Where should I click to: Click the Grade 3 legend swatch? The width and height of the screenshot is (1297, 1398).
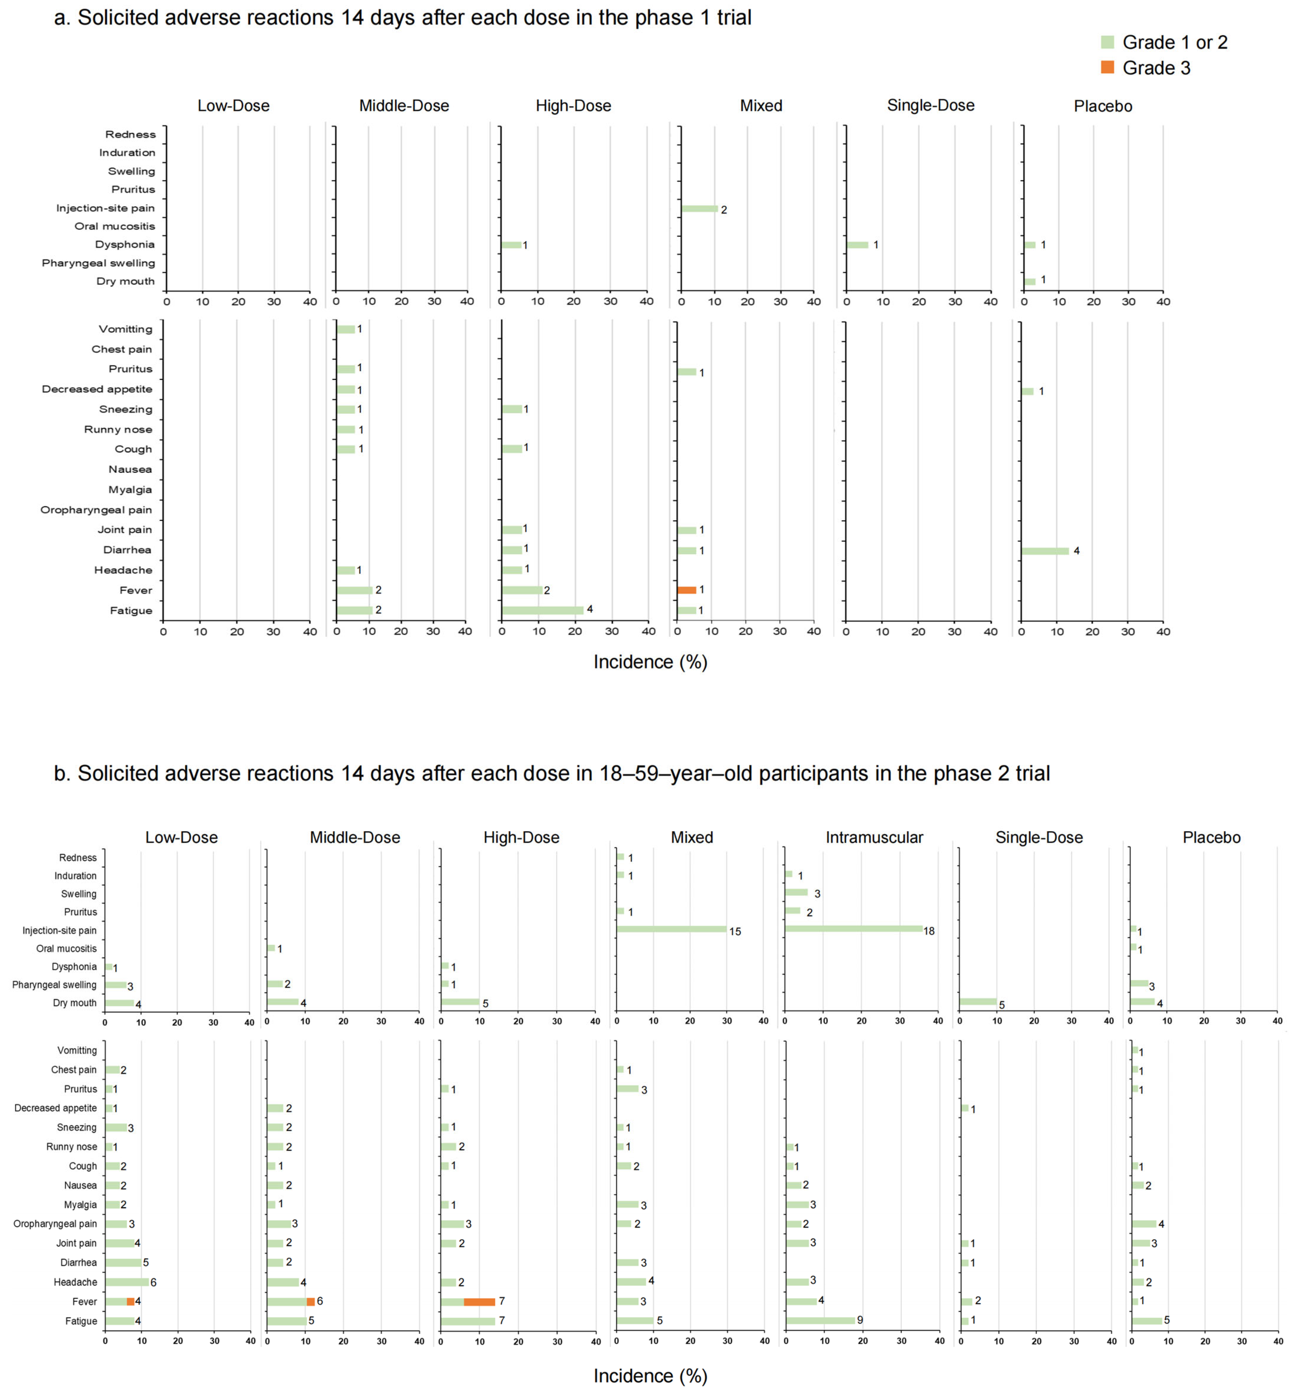tap(1108, 67)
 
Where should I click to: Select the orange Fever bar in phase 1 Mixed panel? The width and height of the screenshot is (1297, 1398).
tap(686, 590)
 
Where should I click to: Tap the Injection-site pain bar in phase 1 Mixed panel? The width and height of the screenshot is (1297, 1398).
tap(699, 209)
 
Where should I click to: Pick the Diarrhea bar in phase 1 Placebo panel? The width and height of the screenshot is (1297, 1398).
tap(1045, 551)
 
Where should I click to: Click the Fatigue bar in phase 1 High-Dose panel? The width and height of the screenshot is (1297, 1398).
tap(543, 610)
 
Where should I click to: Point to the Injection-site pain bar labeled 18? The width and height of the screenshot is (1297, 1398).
tap(853, 929)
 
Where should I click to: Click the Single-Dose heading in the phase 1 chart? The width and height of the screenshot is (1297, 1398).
tap(931, 105)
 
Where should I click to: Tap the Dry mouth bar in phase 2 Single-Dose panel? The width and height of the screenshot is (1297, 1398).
tap(978, 1002)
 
